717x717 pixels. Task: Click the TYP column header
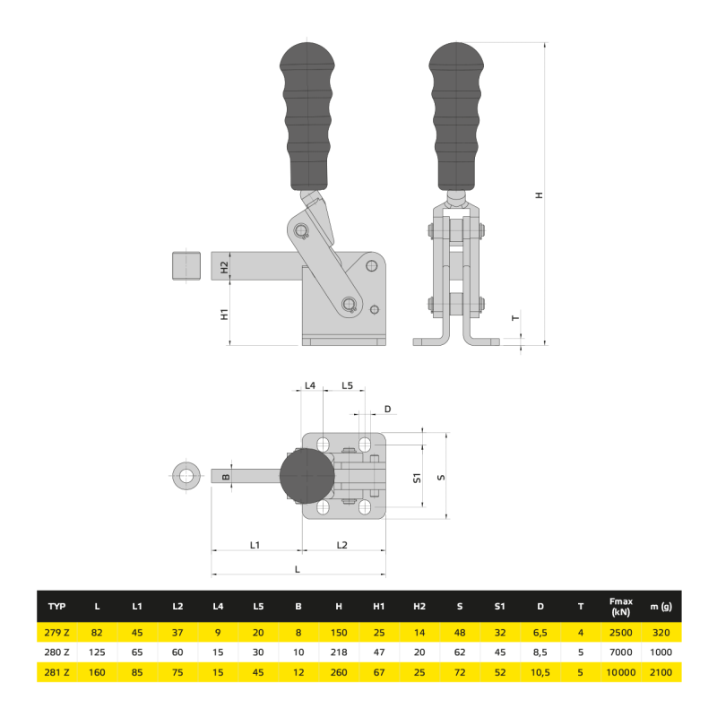56,607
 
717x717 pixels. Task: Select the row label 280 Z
56,652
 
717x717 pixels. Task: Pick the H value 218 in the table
339,652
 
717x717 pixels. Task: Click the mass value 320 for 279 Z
661,633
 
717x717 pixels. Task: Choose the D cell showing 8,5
540,652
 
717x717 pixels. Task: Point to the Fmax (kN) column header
620,607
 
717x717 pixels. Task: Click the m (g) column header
661,607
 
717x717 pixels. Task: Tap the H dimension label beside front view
539,195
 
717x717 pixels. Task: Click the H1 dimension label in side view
225,314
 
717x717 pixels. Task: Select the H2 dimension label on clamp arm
225,266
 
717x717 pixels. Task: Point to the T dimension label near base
514,318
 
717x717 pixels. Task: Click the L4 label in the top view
310,385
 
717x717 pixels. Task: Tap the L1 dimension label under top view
255,544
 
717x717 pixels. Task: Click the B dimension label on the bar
226,476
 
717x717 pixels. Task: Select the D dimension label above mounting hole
387,409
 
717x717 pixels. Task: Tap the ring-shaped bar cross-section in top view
187,476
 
